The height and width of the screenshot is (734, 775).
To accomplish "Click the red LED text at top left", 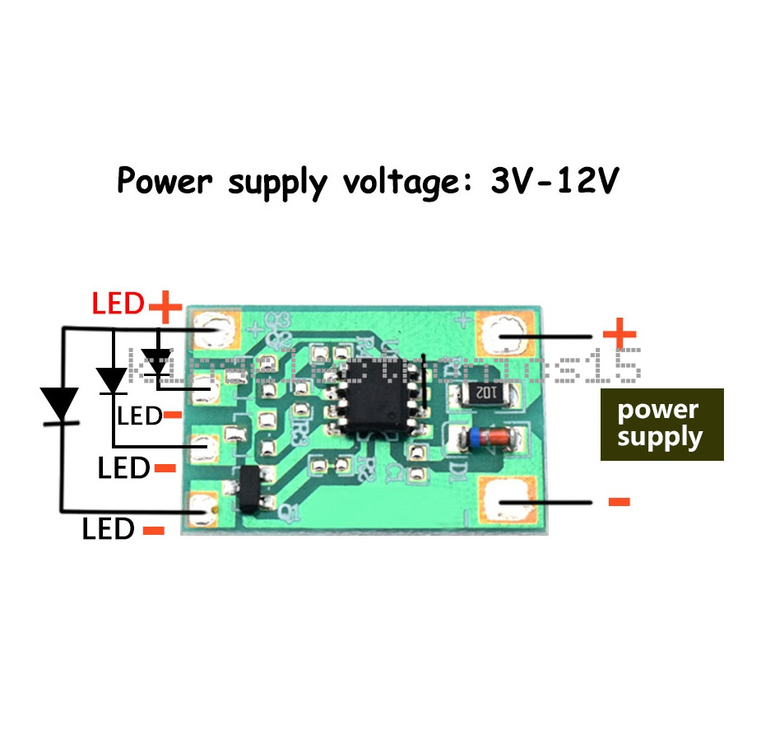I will pyautogui.click(x=118, y=304).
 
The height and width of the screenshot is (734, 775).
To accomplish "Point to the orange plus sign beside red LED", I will pyautogui.click(x=165, y=308).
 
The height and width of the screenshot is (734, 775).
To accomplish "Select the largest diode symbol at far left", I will pyautogui.click(x=59, y=404).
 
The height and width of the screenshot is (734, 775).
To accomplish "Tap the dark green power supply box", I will pyautogui.click(x=661, y=424).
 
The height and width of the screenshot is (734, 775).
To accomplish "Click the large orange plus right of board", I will pyautogui.click(x=620, y=334).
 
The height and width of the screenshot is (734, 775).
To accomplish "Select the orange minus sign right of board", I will pyautogui.click(x=619, y=501).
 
